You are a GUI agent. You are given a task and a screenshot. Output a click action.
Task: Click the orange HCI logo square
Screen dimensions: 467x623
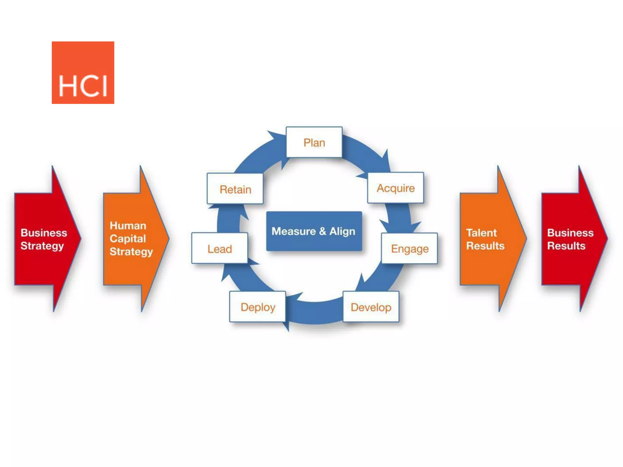tap(83, 73)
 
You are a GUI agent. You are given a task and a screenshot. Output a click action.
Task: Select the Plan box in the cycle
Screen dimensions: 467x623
tap(314, 142)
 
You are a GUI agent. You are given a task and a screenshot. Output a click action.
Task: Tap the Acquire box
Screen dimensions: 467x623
tap(395, 188)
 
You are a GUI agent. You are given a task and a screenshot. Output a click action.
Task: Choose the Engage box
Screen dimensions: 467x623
tap(409, 248)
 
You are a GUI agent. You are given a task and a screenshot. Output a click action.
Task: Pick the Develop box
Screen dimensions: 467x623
tap(371, 307)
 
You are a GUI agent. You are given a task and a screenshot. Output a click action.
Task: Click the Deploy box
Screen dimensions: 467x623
tap(258, 307)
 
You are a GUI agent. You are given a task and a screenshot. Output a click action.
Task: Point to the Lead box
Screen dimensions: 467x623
tap(220, 248)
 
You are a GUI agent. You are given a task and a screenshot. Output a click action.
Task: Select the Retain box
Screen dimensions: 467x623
tap(235, 189)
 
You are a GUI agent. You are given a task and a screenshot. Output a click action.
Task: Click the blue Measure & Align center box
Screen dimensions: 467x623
tap(314, 231)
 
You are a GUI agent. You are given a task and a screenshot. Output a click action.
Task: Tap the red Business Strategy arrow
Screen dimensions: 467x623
tap(44, 239)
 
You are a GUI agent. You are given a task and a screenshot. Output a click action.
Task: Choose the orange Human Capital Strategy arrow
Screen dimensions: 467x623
tap(132, 239)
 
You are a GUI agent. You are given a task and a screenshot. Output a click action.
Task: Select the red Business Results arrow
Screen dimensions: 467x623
tap(570, 239)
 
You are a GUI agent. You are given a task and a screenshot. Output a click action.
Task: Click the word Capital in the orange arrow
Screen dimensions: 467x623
tap(128, 239)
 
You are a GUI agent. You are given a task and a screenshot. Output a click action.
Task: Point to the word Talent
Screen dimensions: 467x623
tap(481, 233)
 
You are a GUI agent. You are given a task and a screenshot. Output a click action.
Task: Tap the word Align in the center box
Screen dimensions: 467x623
tap(342, 231)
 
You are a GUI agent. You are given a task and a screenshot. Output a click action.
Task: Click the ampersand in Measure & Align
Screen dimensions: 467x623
tap(322, 231)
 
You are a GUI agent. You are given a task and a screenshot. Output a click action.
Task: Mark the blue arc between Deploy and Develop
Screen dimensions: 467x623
tap(315, 312)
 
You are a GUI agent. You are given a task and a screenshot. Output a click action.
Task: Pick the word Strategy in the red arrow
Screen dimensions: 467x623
tap(42, 246)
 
